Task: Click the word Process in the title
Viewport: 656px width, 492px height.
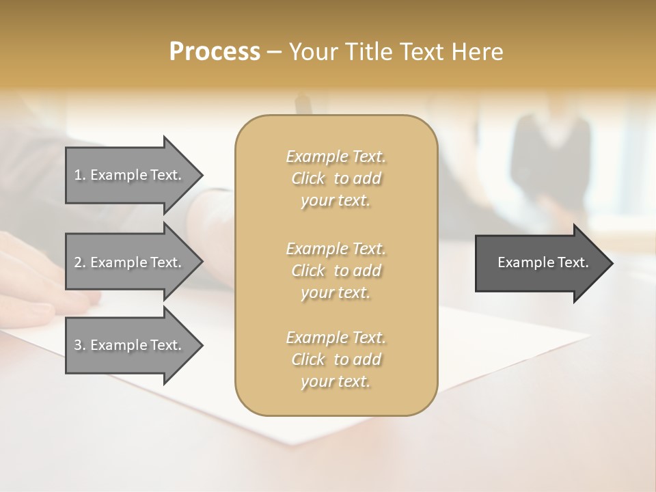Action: (215, 52)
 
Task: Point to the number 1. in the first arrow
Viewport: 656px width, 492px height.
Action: (80, 176)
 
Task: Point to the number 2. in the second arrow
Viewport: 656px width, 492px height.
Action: (80, 262)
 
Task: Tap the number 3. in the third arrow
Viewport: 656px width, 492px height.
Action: (80, 346)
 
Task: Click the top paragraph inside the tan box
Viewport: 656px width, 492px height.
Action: (336, 178)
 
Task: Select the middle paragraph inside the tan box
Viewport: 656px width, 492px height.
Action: (336, 270)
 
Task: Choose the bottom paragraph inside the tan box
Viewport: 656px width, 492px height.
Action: (336, 359)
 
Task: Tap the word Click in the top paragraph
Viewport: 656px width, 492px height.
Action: (307, 179)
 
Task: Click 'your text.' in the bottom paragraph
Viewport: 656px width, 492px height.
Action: (336, 382)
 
